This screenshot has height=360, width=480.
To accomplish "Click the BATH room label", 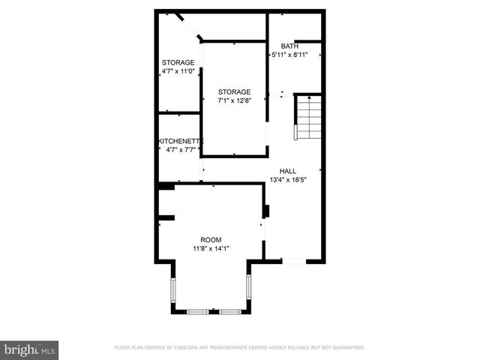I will [x=289, y=46].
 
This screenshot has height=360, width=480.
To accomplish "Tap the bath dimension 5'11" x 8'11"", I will [x=289, y=55].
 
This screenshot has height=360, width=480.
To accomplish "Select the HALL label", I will [x=288, y=170].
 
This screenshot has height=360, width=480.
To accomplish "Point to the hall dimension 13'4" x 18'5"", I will [x=288, y=180].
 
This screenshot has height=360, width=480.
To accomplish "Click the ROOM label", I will [x=211, y=239].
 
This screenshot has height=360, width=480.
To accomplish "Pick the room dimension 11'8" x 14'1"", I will [x=211, y=249].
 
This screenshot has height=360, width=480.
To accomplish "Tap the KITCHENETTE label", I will [x=180, y=141].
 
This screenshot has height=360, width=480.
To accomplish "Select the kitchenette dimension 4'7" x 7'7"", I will [x=180, y=150].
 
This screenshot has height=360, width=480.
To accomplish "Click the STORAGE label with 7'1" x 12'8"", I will [x=234, y=91].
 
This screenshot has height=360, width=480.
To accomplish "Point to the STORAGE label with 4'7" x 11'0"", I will [x=178, y=62].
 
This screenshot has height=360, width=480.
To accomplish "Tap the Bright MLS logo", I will [x=29, y=349].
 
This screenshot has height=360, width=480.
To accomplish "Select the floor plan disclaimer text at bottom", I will [x=239, y=348].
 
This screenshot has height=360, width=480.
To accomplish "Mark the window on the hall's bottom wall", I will [x=293, y=261].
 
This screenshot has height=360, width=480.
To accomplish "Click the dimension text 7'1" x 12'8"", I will [x=234, y=100].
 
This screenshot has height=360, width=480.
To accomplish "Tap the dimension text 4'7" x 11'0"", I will [x=178, y=71].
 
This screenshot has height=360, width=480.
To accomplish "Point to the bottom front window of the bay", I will [x=211, y=311].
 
